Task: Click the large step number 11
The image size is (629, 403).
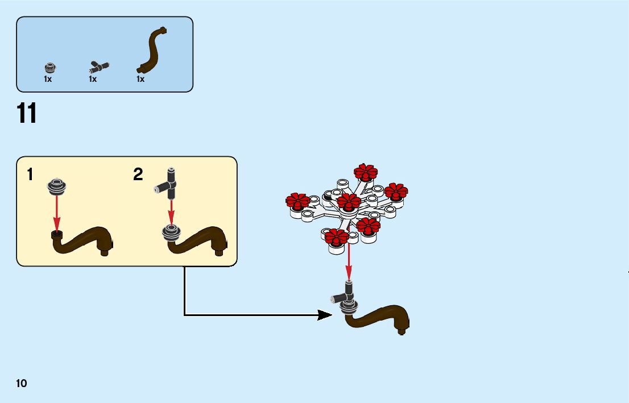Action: [x=27, y=113]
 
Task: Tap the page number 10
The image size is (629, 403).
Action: [x=22, y=384]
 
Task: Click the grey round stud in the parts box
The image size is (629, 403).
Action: [x=51, y=67]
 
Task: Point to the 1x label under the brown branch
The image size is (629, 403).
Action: [x=140, y=80]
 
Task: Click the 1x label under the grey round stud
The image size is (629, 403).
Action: [x=48, y=80]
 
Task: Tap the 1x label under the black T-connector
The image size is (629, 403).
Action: [x=93, y=80]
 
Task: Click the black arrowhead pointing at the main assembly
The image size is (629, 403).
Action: [x=325, y=314]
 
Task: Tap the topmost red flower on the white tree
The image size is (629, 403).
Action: [x=366, y=172]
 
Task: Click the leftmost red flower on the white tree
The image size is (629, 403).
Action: [x=297, y=201]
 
